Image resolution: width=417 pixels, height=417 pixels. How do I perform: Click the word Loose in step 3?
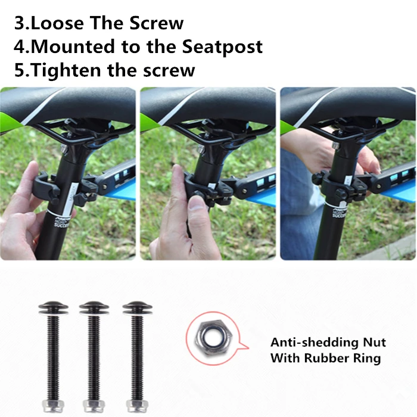[57, 23]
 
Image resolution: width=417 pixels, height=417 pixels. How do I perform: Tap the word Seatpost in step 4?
[222, 46]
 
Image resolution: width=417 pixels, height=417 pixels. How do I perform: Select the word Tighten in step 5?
[66, 70]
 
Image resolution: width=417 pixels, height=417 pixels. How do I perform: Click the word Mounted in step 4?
[73, 46]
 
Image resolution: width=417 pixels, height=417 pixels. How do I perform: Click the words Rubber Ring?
[343, 358]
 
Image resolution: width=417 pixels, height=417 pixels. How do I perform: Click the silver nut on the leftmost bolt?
[53, 406]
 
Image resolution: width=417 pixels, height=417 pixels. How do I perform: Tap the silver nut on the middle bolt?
[94, 406]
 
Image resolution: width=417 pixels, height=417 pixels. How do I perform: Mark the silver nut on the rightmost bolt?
[137, 406]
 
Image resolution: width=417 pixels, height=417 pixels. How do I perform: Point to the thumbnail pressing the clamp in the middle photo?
[196, 203]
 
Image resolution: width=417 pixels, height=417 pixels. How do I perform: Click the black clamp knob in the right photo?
[341, 195]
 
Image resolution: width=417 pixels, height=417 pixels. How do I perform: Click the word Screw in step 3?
[156, 23]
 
